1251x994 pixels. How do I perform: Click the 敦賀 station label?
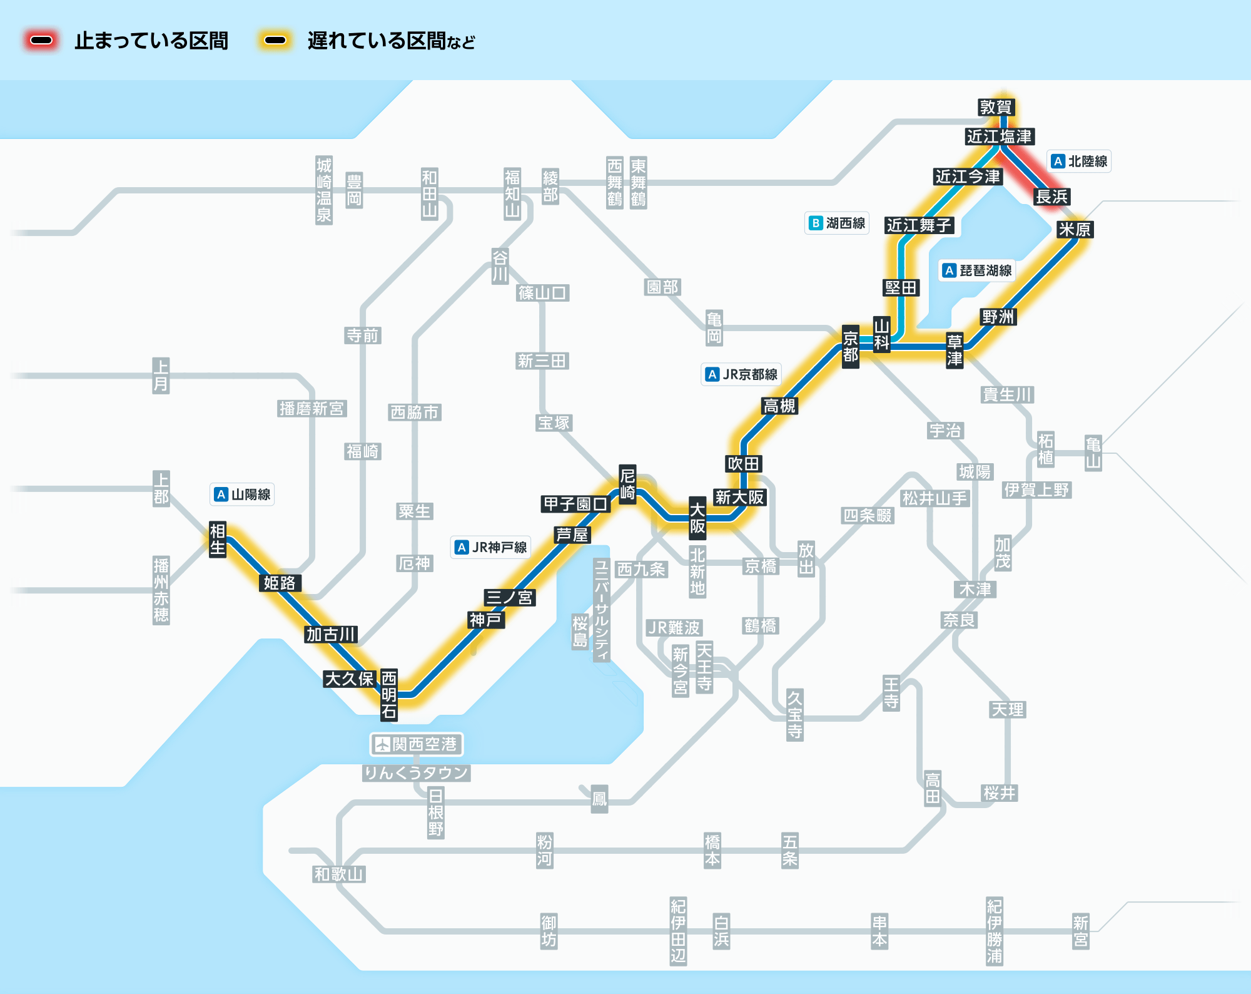tap(995, 107)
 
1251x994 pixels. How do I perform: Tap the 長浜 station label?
tap(1051, 197)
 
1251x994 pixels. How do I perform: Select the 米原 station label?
tap(1075, 230)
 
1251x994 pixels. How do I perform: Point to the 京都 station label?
tap(850, 347)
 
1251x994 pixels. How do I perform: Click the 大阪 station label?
tap(697, 518)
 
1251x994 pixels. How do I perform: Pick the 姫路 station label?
tap(279, 583)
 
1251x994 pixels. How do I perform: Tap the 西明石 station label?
tap(388, 695)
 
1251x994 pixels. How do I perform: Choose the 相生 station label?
tap(217, 539)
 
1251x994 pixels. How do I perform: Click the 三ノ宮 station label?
tap(509, 597)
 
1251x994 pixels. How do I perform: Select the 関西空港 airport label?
tap(416, 744)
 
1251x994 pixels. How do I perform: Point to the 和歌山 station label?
tap(338, 874)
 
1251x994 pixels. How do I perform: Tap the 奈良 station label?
tap(959, 620)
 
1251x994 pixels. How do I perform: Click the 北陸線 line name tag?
tap(1079, 161)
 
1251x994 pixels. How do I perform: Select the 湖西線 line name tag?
tap(837, 223)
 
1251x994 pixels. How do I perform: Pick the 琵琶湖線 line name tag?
tap(978, 270)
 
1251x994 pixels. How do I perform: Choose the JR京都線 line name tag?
tap(741, 374)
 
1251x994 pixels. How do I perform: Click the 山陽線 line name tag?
tap(242, 494)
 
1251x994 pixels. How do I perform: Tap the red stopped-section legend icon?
tap(41, 41)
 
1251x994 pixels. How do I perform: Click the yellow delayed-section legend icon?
tap(275, 41)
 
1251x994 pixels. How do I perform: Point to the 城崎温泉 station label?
tap(323, 190)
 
